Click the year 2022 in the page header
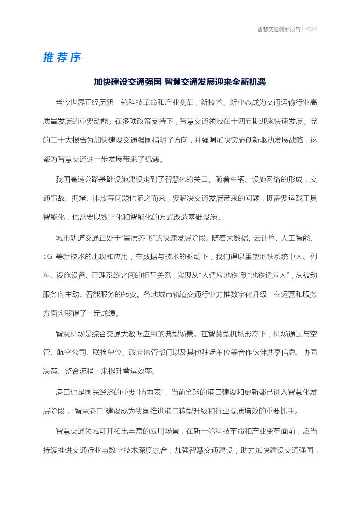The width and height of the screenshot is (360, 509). point(311,29)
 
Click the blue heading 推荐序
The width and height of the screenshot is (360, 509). point(62,58)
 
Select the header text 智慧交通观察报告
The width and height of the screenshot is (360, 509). point(278,29)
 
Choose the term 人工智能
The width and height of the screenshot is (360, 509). point(295,238)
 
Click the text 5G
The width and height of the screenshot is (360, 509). point(48,256)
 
